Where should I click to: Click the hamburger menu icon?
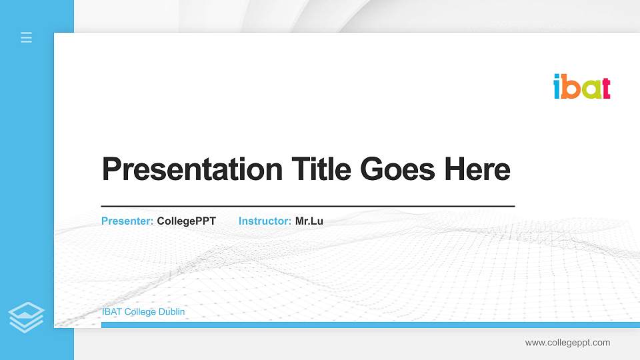pyautogui.click(x=27, y=37)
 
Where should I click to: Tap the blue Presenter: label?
pyautogui.click(x=127, y=221)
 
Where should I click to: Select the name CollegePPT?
pyautogui.click(x=186, y=221)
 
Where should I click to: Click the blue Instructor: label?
pyautogui.click(x=265, y=221)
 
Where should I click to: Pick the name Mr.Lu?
pyautogui.click(x=309, y=221)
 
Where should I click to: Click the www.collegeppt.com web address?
pyautogui.click(x=567, y=343)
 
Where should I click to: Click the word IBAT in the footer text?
pyautogui.click(x=111, y=311)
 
